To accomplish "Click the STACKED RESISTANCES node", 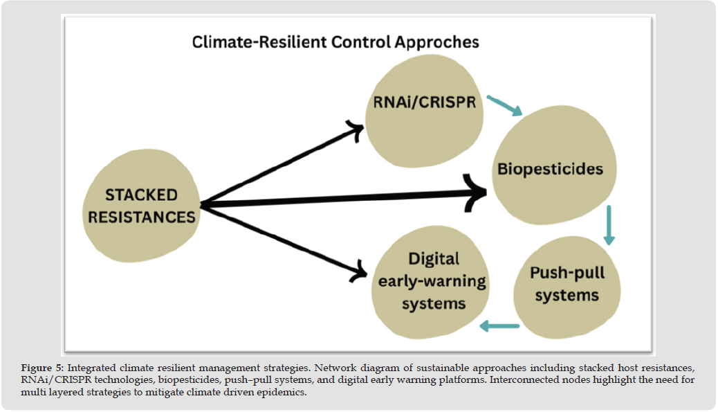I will pyautogui.click(x=141, y=206).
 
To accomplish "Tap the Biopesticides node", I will pyautogui.click(x=551, y=169).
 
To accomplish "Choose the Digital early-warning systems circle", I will pyautogui.click(x=429, y=281).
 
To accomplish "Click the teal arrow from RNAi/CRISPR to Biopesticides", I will pyautogui.click(x=504, y=105).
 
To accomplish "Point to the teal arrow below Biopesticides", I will pyautogui.click(x=609, y=225).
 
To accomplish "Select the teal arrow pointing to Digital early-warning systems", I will pyautogui.click(x=499, y=325).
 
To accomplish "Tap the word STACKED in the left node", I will pyautogui.click(x=141, y=195).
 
